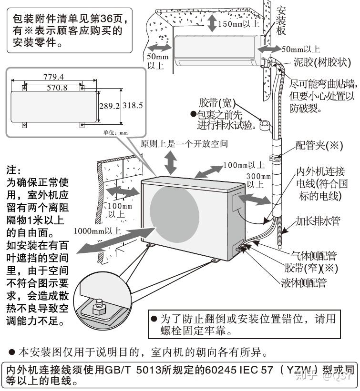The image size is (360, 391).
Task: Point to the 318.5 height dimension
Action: [x=133, y=105]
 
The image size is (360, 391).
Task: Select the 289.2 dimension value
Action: [x=109, y=105]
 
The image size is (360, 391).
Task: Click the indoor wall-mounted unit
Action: [x=217, y=50]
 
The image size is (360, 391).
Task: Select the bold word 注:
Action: [x=13, y=170]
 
